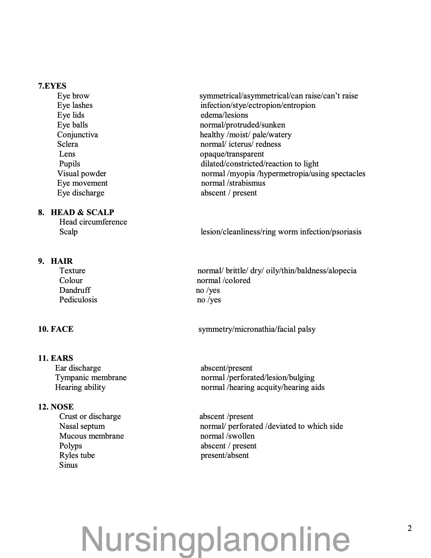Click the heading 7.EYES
coord(52,86)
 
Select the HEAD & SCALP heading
coord(82,212)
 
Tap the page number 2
coord(410,528)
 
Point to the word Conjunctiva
coord(77,135)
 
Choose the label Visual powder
coord(81,173)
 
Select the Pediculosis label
coord(78,300)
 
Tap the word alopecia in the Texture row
coord(342,271)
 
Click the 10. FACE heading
coord(56,329)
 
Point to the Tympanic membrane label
coord(91,377)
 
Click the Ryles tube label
coord(77,455)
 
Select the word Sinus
coord(68,465)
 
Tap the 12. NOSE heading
coord(56,407)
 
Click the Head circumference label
coord(93,222)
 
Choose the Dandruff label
coord(75,290)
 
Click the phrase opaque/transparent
coord(232,154)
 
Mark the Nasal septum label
coord(82,426)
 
